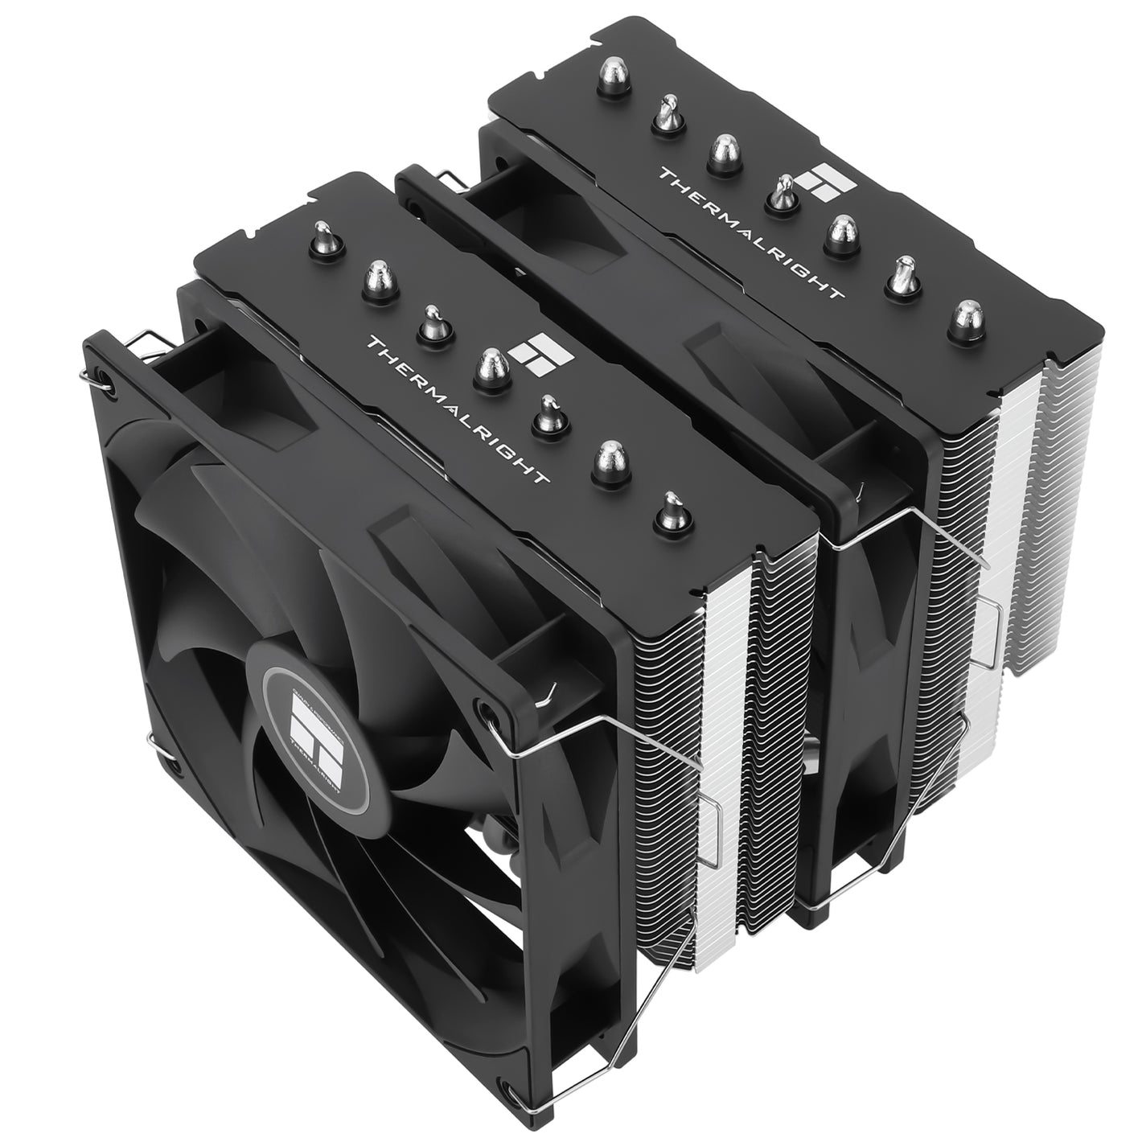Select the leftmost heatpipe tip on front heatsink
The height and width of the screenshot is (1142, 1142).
[x=321, y=234]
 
